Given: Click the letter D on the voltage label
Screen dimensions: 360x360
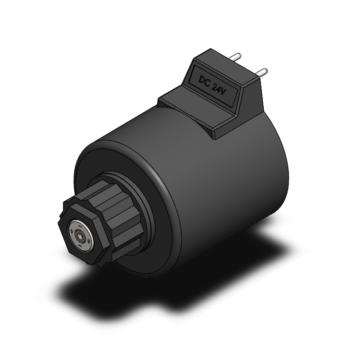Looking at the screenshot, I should [x=202, y=80].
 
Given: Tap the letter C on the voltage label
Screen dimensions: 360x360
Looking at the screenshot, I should [x=207, y=84].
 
